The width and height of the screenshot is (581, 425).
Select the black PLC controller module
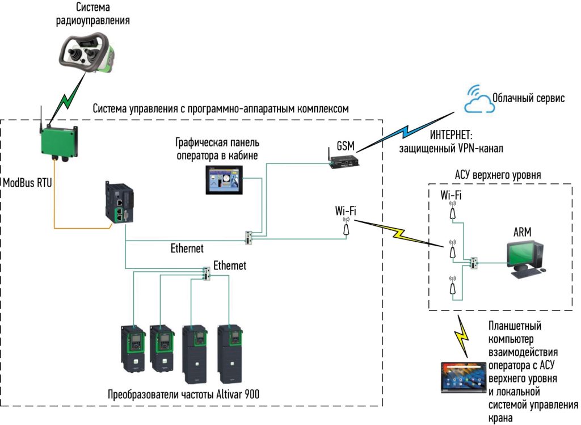pos(119,201)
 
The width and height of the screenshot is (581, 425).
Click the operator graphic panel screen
pos(224,180)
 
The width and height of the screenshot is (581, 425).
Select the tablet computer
pos(463,377)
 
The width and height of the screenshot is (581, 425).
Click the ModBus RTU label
pos(27,183)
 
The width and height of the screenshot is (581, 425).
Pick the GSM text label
pos(346,146)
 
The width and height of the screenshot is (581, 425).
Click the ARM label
pos(522,232)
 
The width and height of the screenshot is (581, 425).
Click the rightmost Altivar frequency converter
pos(230,354)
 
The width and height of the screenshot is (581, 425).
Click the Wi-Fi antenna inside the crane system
pos(346,226)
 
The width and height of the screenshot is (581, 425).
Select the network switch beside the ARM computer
pos(474,263)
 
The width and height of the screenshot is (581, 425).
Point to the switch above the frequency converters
pos(207,273)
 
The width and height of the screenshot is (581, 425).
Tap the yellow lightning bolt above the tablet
pos(462,336)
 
